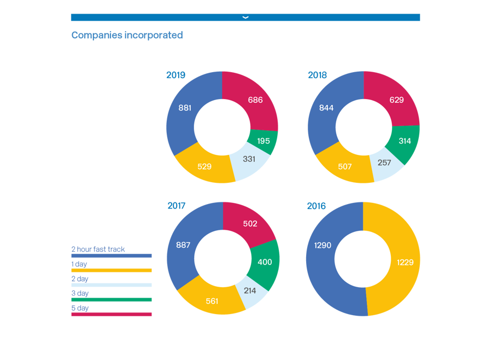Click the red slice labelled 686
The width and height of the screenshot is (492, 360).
(x=255, y=100)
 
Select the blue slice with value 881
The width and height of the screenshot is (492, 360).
(x=185, y=108)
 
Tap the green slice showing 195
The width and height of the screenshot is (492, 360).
(x=263, y=141)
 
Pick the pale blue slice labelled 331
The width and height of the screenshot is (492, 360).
(x=249, y=159)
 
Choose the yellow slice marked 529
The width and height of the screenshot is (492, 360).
(x=204, y=166)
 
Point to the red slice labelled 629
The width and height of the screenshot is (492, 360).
(x=397, y=100)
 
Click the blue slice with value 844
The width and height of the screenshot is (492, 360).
(x=326, y=108)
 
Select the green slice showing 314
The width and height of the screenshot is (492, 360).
(x=405, y=141)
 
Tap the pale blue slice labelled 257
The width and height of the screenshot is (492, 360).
(x=384, y=162)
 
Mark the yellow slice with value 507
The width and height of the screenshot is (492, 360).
(x=345, y=166)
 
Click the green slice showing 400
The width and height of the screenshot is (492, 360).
(x=265, y=262)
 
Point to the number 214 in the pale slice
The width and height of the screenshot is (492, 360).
(x=249, y=291)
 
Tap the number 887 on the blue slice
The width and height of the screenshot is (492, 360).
(x=183, y=245)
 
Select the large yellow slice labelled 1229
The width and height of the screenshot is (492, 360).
(x=405, y=263)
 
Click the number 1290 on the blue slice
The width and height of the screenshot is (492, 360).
(x=323, y=246)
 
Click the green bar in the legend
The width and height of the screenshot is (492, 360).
(x=112, y=299)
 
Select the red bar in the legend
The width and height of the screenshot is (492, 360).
(x=112, y=314)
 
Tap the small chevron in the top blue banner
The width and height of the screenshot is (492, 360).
(x=245, y=18)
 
